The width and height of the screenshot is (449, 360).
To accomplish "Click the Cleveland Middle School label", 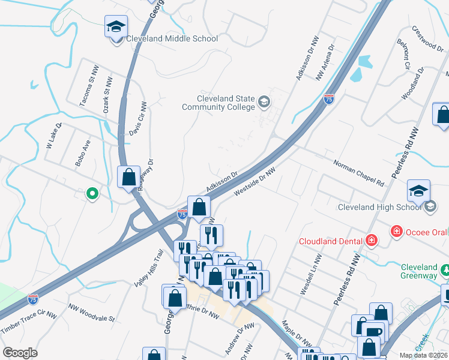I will pyautogui.click(x=172, y=39).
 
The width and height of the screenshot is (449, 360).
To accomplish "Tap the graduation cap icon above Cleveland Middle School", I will pyautogui.click(x=116, y=27).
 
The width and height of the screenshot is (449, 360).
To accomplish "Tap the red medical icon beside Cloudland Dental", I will pyautogui.click(x=372, y=241).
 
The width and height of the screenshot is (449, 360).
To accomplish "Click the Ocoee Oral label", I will pyautogui.click(x=426, y=231).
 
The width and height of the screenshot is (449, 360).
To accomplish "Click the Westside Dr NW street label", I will pyautogui.click(x=255, y=181).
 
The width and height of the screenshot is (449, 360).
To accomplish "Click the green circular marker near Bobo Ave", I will pyautogui.click(x=92, y=193).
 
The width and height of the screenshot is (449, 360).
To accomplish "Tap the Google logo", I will pyautogui.click(x=20, y=353).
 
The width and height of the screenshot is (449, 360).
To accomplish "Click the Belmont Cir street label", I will pyautogui.click(x=402, y=53).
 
